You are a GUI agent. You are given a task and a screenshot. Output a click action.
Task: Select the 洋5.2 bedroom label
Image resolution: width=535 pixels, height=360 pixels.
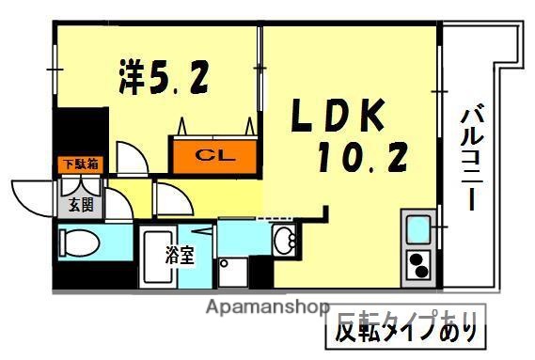pyautogui.click(x=163, y=78)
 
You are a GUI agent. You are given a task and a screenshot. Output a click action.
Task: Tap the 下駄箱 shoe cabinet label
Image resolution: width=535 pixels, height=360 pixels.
pyautogui.click(x=80, y=164)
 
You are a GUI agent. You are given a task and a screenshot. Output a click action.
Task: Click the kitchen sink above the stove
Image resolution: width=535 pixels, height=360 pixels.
pyautogui.click(x=417, y=228)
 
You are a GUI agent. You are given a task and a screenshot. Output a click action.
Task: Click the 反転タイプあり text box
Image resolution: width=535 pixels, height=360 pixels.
pyautogui.click(x=406, y=331)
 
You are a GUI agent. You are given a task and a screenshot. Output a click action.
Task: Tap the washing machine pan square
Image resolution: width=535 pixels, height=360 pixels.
pyautogui.click(x=234, y=274)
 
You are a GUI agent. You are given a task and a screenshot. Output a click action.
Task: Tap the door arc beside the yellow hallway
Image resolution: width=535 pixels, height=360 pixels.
pyautogui.click(x=172, y=198)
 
